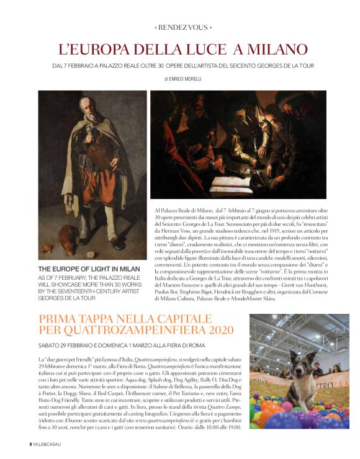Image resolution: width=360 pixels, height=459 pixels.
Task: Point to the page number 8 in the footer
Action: (30, 444)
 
